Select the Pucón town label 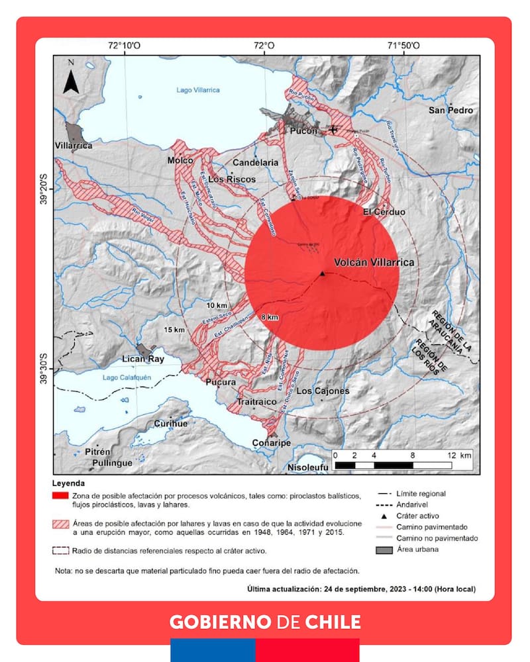(303, 131)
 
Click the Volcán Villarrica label (374, 262)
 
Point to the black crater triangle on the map (321, 273)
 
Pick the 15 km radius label (175, 330)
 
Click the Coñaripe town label (271, 443)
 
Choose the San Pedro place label (451, 111)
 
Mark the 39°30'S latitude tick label (44, 368)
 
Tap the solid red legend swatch (60, 495)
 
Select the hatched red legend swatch (60, 524)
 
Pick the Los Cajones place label (323, 391)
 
